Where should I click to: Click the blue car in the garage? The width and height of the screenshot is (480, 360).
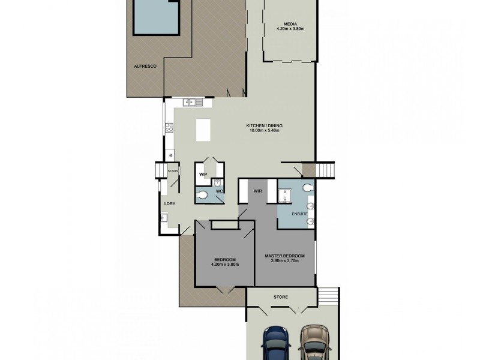coord(275,343)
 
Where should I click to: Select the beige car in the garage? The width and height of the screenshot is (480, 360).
coord(315,343)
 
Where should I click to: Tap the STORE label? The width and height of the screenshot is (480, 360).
coord(281,296)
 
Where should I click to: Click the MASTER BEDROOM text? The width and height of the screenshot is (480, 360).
coord(285,256)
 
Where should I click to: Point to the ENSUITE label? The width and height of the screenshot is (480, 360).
coord(299,214)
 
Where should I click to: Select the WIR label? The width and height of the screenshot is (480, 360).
coord(259,192)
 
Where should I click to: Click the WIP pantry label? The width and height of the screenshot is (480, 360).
coord(203,175)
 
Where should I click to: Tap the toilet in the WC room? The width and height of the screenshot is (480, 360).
coord(203,194)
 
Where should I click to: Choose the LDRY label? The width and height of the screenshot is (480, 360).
coord(170,204)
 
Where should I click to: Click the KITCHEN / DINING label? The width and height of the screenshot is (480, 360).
coord(264,126)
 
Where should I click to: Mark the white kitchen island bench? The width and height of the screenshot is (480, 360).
coord(203,130)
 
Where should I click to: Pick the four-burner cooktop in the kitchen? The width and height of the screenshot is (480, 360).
coord(169,127)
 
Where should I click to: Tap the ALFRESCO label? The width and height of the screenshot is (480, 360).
coord(145,66)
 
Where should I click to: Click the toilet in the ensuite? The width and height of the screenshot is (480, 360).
coord(308,188)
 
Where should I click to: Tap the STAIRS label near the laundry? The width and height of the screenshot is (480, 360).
coord(173,171)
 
